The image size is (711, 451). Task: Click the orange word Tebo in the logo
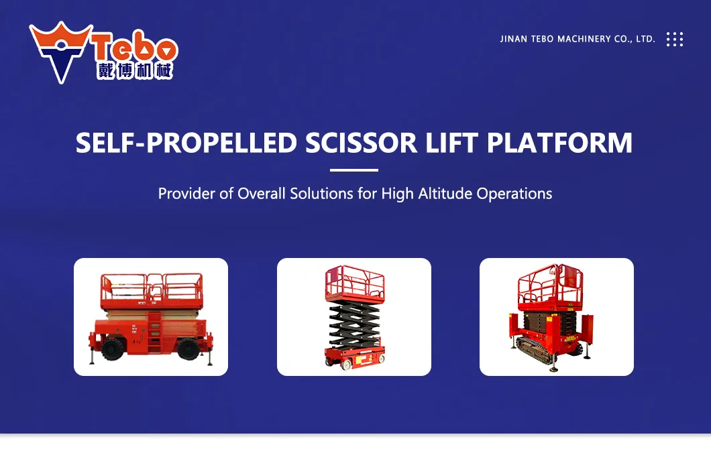(133, 49)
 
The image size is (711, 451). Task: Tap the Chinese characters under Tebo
(134, 71)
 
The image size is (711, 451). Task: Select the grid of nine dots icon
(674, 39)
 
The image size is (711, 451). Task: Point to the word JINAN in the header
(514, 40)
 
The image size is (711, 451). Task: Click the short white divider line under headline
(354, 170)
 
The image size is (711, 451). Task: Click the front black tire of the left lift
(110, 348)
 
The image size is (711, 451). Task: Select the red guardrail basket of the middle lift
(354, 283)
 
